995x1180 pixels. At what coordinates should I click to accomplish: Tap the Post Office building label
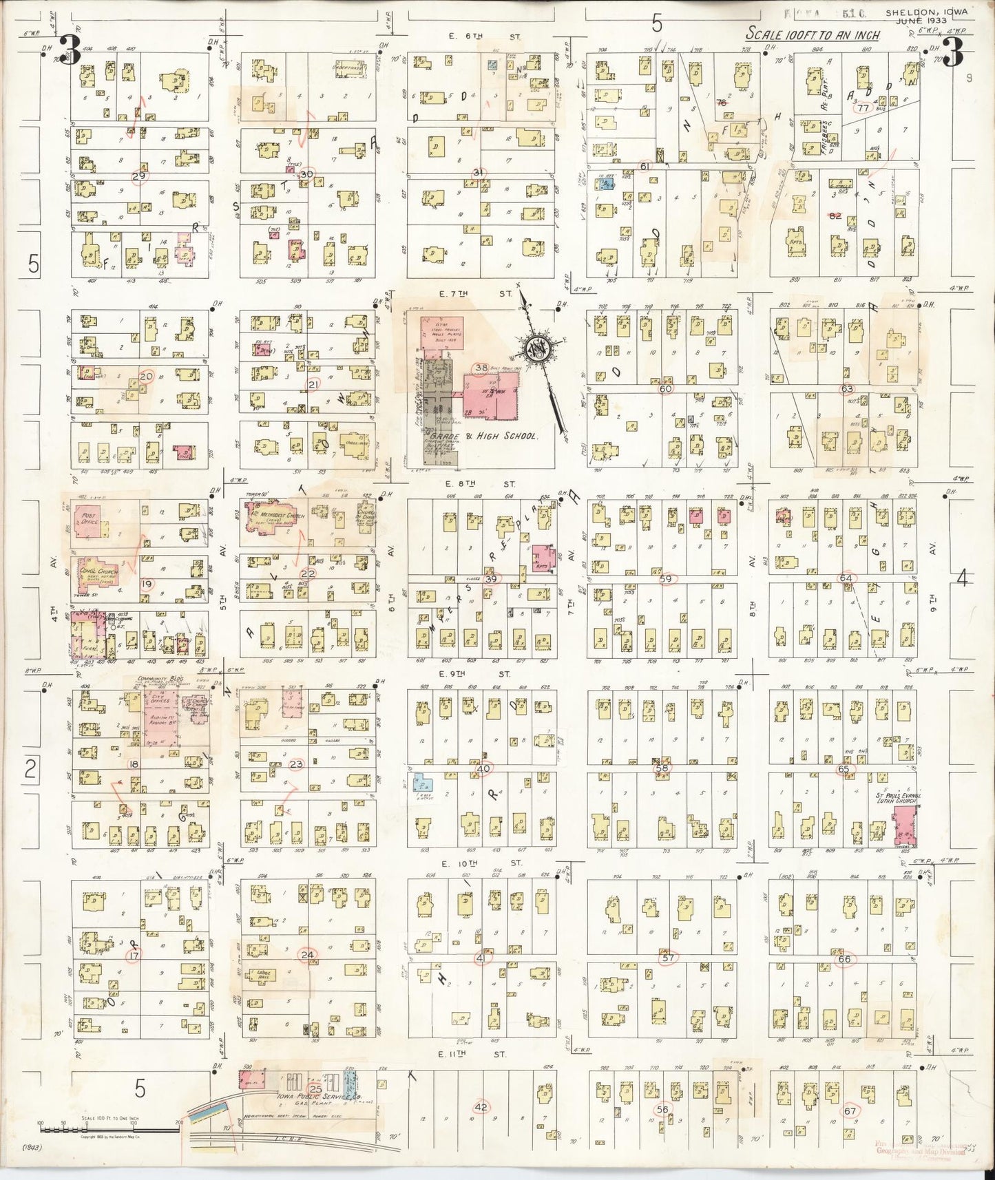(x=89, y=517)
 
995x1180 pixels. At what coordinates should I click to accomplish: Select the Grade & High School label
(x=482, y=436)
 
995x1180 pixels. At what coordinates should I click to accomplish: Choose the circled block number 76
(x=722, y=103)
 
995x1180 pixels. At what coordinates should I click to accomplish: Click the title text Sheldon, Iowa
(x=925, y=12)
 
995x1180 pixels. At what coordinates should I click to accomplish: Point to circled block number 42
(x=481, y=1106)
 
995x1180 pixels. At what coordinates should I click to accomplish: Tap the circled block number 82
(x=836, y=215)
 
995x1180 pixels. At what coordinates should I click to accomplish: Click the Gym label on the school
(x=428, y=322)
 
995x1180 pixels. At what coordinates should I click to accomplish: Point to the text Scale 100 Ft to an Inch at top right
(x=813, y=34)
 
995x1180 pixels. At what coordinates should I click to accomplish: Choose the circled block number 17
(x=134, y=956)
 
